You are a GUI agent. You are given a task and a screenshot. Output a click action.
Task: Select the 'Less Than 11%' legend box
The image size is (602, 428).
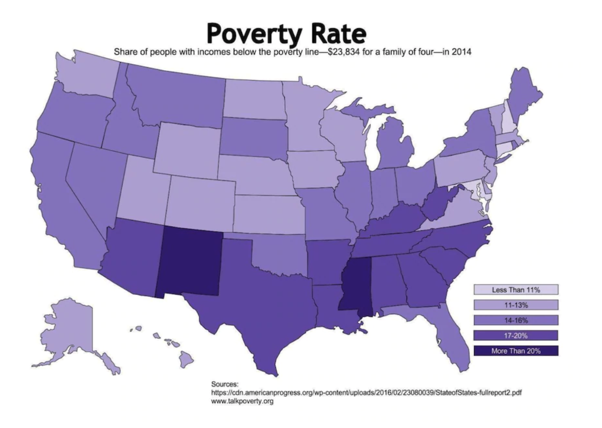(x=516, y=289)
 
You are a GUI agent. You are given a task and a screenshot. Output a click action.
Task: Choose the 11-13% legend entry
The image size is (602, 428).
(x=516, y=305)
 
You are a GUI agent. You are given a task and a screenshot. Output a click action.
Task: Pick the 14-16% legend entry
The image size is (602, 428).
(x=516, y=320)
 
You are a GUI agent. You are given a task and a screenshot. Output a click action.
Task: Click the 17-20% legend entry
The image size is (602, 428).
(x=516, y=335)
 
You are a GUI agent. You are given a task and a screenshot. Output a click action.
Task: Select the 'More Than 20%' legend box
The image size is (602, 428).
(x=516, y=351)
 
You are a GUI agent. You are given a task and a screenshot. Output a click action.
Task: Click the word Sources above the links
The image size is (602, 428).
(x=225, y=384)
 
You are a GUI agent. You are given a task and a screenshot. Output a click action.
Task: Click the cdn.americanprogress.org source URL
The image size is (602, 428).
(x=366, y=393)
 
